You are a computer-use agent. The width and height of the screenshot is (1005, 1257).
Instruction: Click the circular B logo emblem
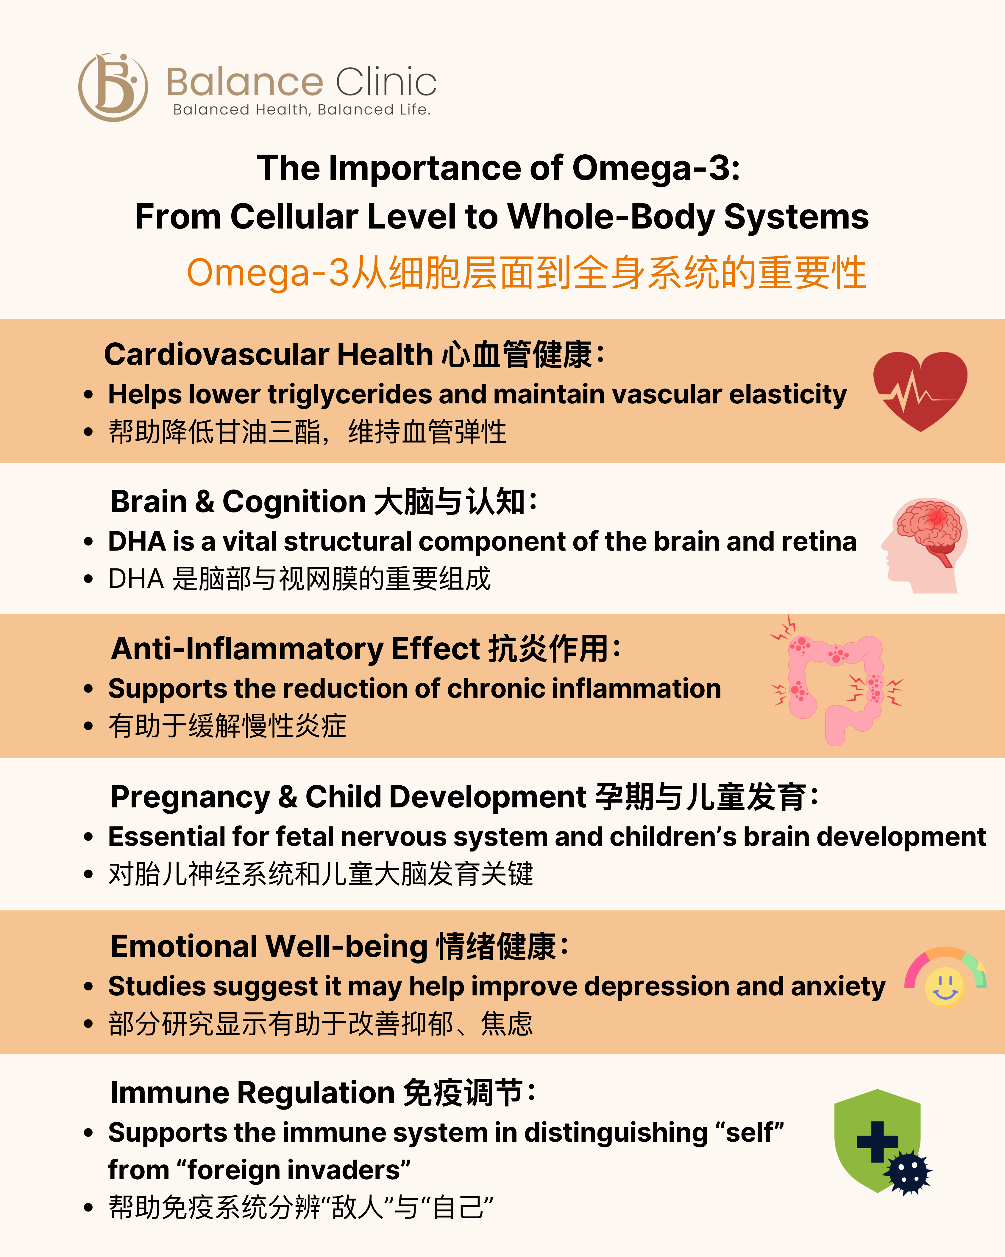pyautogui.click(x=113, y=88)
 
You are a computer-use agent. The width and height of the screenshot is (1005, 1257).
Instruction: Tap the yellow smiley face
pyautogui.click(x=945, y=987)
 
